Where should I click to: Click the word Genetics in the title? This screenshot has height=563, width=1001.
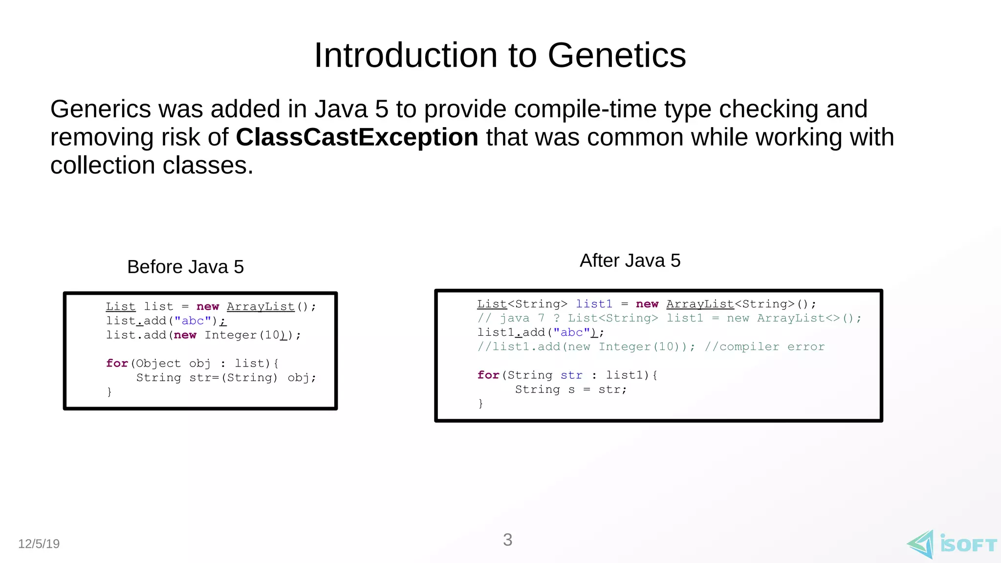click(616, 55)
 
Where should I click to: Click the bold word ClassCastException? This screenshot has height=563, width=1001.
click(357, 137)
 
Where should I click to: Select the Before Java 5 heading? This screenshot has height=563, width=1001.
click(185, 267)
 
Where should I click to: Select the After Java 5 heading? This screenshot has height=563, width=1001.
click(630, 260)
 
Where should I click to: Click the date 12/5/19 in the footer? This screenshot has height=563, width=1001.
click(39, 543)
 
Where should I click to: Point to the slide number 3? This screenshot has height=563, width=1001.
click(507, 540)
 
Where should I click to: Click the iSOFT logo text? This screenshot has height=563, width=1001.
click(968, 544)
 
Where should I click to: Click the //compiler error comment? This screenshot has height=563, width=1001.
click(764, 346)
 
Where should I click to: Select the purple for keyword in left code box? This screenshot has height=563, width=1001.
click(117, 363)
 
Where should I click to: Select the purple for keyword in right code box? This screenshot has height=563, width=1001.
click(488, 375)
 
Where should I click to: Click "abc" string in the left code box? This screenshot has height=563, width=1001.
click(193, 321)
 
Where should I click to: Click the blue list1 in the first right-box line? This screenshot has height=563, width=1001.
click(593, 304)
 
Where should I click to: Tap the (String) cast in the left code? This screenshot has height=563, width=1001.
click(249, 377)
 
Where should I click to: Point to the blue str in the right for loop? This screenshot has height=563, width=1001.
click(571, 375)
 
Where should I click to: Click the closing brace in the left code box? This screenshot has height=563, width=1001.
click(109, 391)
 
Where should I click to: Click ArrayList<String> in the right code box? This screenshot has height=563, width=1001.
click(730, 304)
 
